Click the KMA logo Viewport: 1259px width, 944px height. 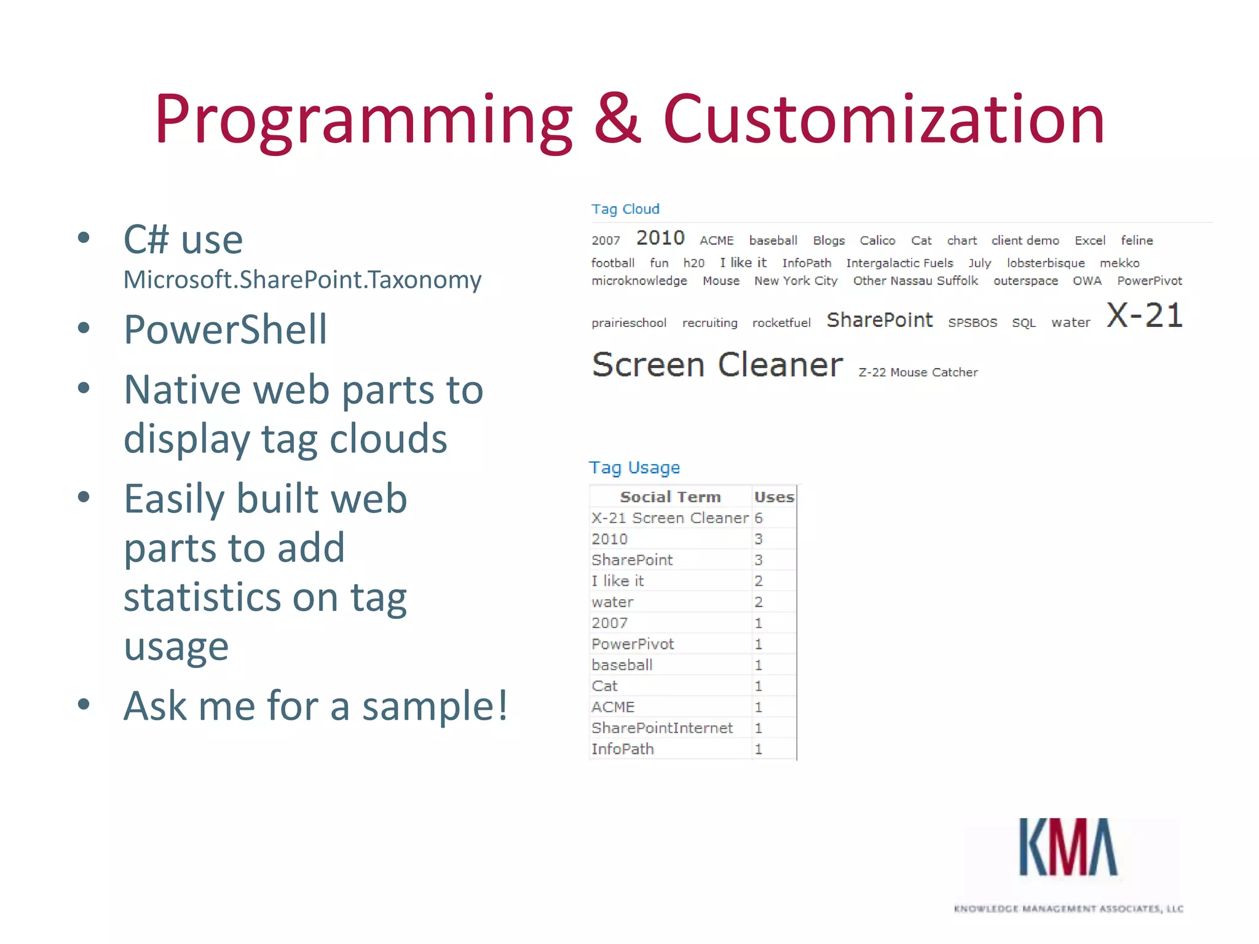(1068, 848)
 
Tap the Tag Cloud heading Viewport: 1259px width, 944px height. (625, 209)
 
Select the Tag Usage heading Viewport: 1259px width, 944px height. (634, 468)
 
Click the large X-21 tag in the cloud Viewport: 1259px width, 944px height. (1144, 316)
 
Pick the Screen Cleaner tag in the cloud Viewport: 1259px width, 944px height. (717, 365)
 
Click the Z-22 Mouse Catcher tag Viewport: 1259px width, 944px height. (918, 372)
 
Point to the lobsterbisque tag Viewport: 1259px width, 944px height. (1045, 263)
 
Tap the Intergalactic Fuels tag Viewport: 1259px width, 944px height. (899, 263)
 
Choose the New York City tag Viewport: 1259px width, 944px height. (795, 281)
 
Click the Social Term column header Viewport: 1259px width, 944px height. (670, 497)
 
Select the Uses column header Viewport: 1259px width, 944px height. (774, 497)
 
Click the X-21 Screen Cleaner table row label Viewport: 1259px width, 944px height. (669, 518)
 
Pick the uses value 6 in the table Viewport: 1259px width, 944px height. (759, 518)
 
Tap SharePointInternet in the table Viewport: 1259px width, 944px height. (661, 728)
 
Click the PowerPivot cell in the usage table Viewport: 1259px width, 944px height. (633, 644)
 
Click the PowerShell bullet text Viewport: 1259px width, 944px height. (225, 329)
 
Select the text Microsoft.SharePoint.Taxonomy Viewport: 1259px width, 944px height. (302, 280)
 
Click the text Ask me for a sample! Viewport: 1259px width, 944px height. (315, 706)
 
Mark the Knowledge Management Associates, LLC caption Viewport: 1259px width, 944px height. (1068, 908)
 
